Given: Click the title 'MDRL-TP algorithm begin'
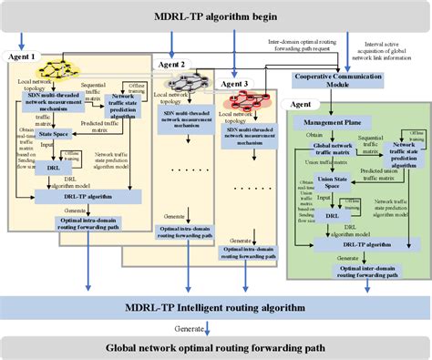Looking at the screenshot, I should pos(216,14).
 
